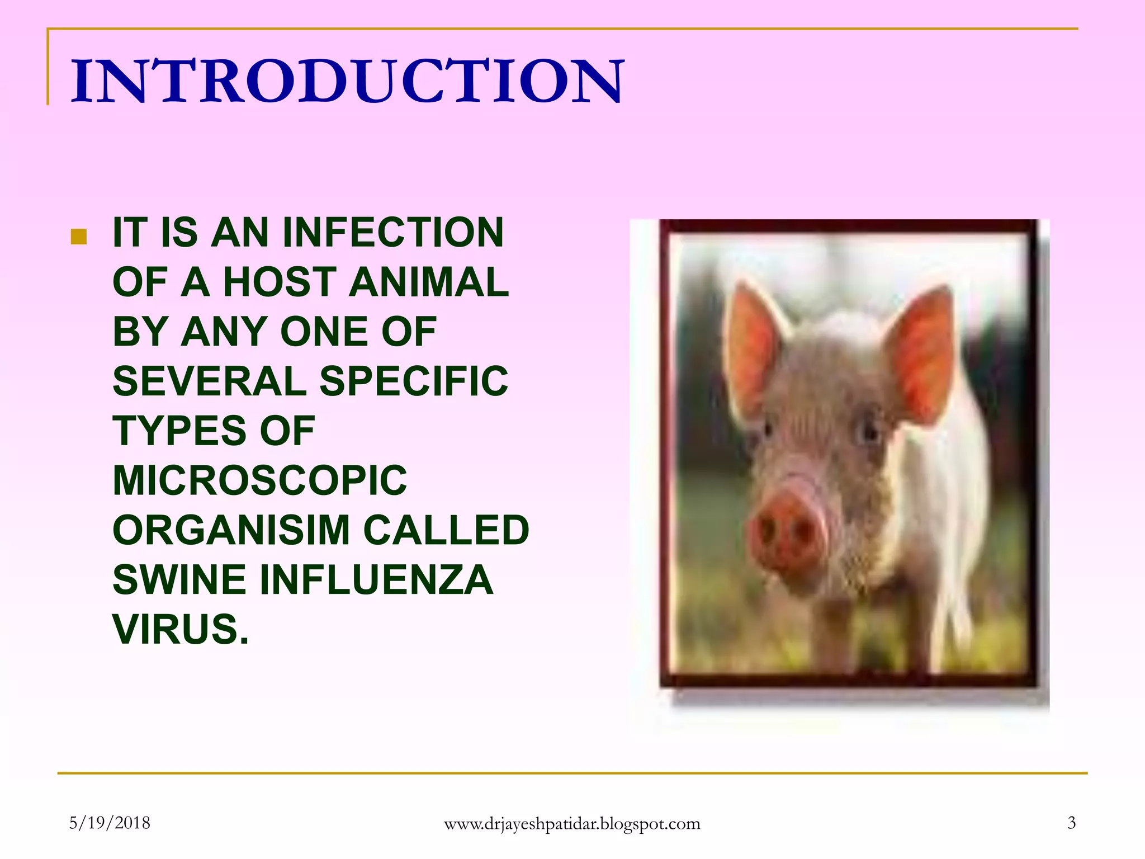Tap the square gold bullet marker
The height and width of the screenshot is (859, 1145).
[x=79, y=237]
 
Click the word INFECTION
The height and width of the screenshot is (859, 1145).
[x=393, y=232]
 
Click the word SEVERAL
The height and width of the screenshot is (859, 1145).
[x=209, y=381]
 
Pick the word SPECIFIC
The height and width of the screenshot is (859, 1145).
[x=414, y=381]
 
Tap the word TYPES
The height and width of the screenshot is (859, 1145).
[x=179, y=431]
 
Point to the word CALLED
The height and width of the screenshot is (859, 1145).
[x=446, y=530]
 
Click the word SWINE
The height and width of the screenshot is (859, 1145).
[x=179, y=579]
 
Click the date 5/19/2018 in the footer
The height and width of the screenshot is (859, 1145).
[x=110, y=823]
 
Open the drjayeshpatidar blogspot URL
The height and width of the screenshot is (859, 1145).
[x=572, y=824]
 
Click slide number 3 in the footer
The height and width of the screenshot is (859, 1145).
[x=1071, y=823]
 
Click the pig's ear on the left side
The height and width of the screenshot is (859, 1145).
[x=752, y=347]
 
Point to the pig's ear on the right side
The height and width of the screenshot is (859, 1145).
[x=922, y=352]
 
